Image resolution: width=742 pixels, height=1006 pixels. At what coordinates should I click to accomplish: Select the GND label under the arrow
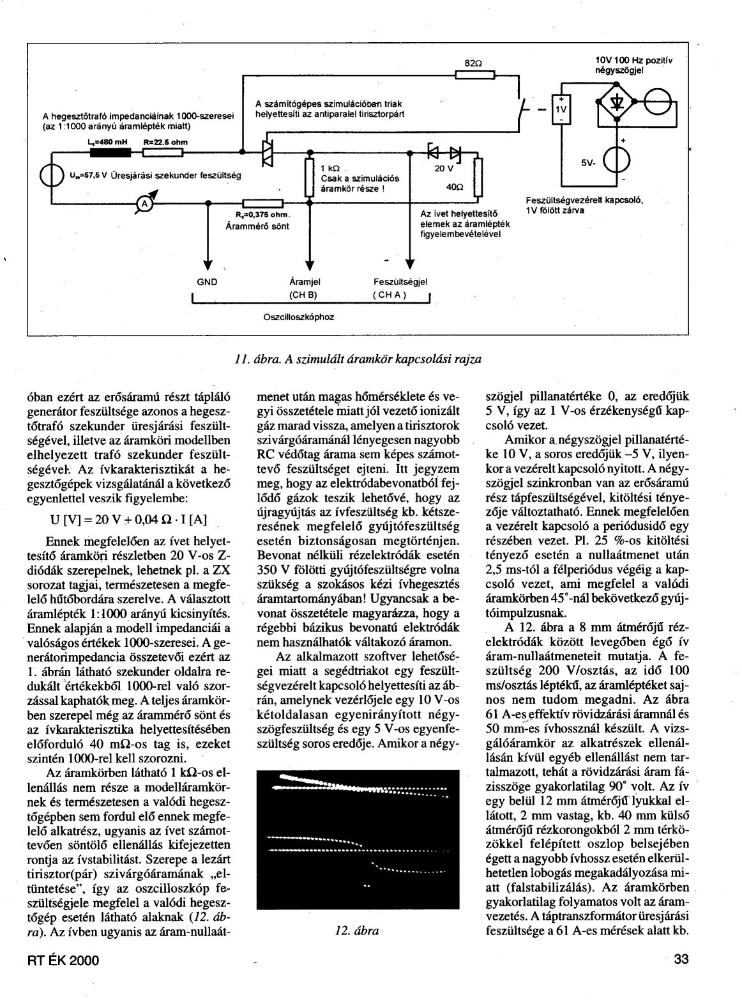pyautogui.click(x=207, y=281)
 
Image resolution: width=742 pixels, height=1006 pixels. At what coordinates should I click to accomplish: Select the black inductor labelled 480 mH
pyautogui.click(x=110, y=152)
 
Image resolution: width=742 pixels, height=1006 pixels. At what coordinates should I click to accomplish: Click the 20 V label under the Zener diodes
pyautogui.click(x=443, y=169)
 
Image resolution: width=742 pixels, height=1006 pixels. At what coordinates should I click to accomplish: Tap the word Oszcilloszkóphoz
pyautogui.click(x=299, y=316)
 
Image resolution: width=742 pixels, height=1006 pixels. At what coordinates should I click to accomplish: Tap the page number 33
pyautogui.click(x=682, y=977)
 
